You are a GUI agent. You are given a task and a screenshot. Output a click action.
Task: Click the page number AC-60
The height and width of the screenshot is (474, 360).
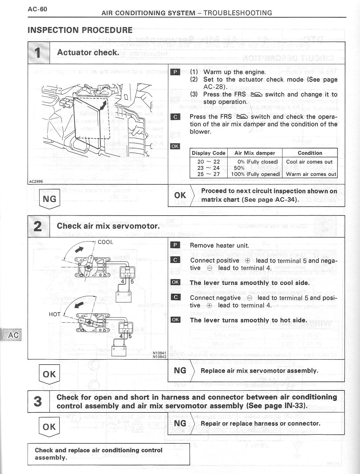[37, 9]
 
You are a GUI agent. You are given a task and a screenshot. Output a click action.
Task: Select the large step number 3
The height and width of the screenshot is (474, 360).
[38, 401]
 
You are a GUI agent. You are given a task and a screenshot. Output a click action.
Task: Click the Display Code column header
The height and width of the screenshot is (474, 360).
[209, 153]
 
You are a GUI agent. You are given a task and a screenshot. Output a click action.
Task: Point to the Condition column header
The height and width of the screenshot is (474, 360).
[310, 153]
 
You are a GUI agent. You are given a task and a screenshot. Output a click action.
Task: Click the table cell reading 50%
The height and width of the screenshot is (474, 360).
[239, 168]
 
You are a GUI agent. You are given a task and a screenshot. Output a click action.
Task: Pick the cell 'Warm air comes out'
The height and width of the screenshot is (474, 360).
[311, 174]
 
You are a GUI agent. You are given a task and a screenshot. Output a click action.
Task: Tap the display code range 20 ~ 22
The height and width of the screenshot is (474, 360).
[209, 162]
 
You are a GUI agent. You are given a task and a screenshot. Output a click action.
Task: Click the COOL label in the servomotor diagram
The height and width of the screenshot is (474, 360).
[105, 242]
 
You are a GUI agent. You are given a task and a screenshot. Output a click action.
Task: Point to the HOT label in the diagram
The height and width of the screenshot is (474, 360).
[55, 314]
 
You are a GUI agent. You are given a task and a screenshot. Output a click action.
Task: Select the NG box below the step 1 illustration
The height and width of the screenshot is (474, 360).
[49, 199]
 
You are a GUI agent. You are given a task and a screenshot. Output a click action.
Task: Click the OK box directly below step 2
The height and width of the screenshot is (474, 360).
[49, 374]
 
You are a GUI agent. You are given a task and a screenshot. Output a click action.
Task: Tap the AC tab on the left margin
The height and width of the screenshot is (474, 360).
[13, 335]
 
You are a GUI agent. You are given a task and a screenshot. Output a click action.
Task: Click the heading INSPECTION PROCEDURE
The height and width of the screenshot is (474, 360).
[80, 30]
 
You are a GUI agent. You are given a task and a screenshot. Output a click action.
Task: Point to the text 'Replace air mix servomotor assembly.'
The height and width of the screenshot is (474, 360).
[259, 371]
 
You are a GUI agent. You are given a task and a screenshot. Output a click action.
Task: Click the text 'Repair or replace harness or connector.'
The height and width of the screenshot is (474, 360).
[260, 423]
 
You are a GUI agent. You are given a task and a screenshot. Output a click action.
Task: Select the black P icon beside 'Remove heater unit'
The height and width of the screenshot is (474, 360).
[175, 245]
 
